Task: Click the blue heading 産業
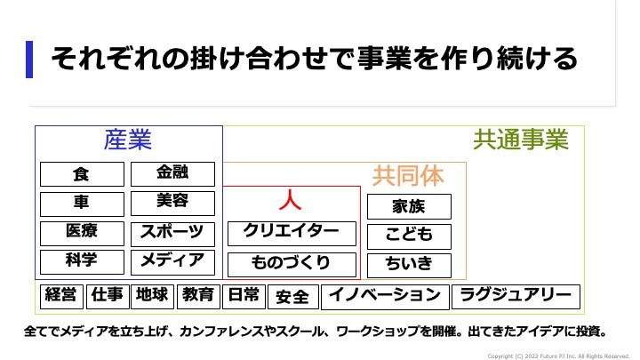point(128,140)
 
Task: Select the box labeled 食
point(81,174)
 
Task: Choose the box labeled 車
point(81,204)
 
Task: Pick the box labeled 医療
point(81,233)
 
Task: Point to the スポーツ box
point(172,233)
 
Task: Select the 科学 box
point(81,261)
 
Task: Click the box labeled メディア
point(172,261)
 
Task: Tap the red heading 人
point(291,198)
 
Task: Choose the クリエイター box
point(292,233)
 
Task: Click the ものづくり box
point(292,264)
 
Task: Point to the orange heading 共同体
point(408,175)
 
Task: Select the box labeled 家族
point(409,206)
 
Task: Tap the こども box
point(409,236)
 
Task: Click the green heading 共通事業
point(520,140)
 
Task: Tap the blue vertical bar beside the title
point(30,60)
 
